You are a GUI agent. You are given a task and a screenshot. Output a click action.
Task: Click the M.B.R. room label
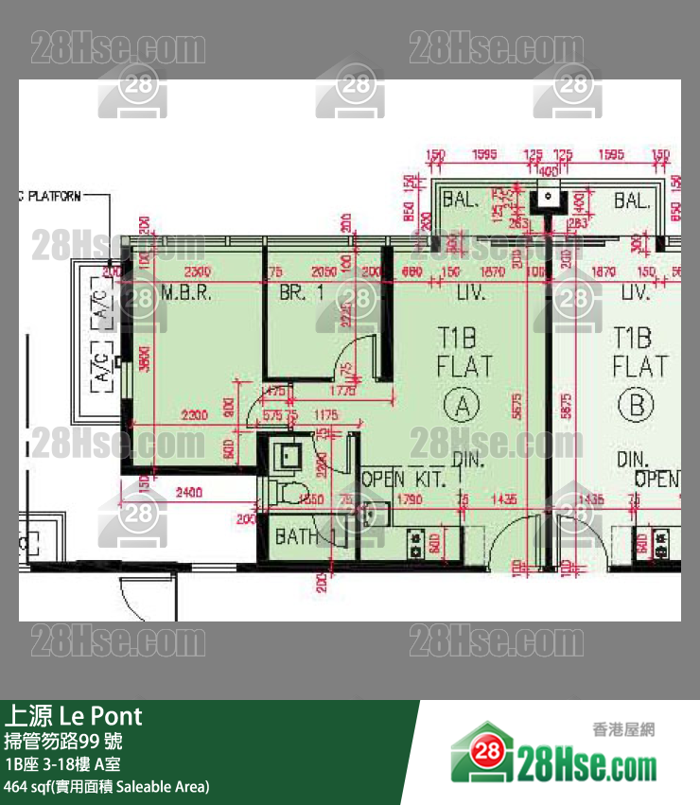[185, 294]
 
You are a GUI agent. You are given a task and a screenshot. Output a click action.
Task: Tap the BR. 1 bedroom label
[301, 294]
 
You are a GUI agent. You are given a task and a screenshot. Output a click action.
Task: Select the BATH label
[296, 537]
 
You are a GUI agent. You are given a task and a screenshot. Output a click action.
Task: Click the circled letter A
[463, 407]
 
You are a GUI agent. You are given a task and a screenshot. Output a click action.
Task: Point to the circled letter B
[635, 407]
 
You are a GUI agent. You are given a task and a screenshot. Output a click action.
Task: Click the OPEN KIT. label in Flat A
[404, 480]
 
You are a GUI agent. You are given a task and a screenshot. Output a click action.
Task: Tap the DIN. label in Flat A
[469, 461]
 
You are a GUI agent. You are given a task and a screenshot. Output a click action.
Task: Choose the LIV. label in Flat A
[470, 294]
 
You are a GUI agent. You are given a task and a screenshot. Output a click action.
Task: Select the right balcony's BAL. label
[632, 201]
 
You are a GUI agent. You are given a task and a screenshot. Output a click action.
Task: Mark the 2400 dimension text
[189, 493]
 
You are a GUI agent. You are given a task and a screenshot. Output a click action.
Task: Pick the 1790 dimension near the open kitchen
[410, 499]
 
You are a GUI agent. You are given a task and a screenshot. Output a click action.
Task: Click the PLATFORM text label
[55, 197]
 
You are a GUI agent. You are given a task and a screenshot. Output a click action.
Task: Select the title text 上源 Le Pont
[74, 715]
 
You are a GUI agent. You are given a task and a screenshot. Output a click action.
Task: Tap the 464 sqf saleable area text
[106, 786]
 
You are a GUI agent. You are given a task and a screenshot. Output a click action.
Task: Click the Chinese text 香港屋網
[623, 729]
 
